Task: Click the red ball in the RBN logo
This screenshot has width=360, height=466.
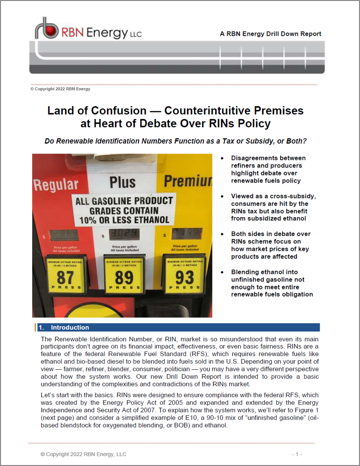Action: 52,31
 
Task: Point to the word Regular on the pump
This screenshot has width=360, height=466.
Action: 56,185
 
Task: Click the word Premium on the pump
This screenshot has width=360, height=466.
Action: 189,181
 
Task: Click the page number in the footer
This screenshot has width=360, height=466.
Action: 297,454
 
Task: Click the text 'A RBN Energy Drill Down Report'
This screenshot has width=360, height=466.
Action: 270,34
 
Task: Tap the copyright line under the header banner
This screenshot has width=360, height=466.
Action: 60,89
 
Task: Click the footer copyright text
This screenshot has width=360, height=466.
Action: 83,454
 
